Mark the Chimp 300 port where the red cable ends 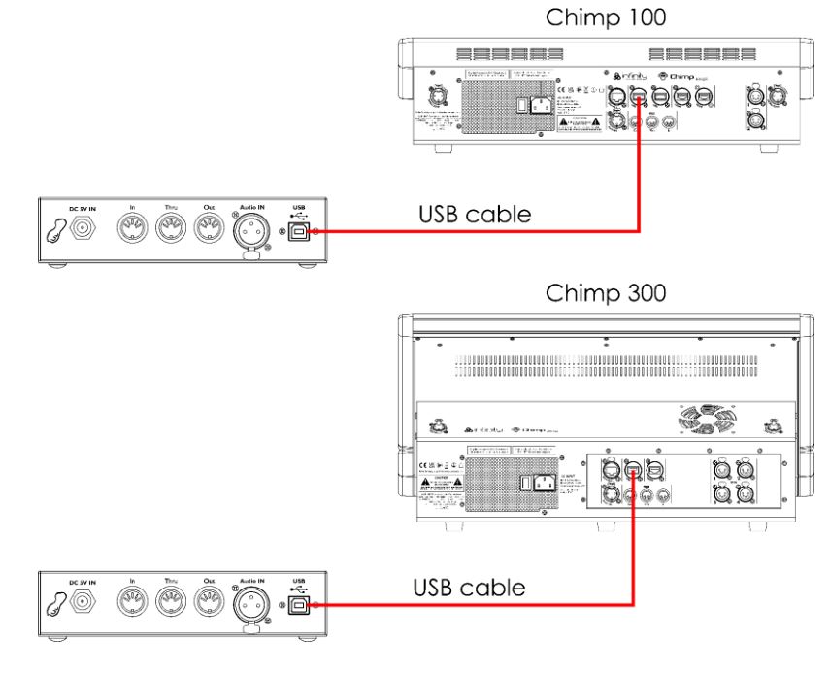pyautogui.click(x=632, y=473)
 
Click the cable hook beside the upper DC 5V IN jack pyautogui.click(x=54, y=232)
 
